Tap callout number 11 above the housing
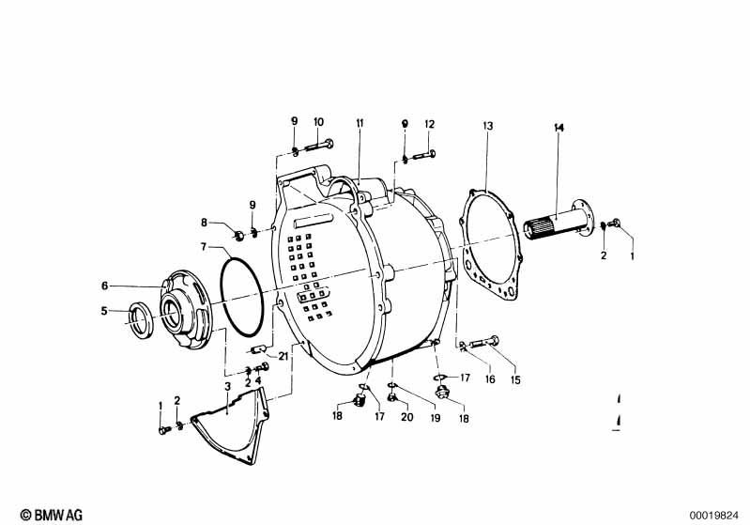359,124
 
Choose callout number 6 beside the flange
105,286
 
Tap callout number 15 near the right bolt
513,379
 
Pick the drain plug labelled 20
396,405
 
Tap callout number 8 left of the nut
203,223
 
